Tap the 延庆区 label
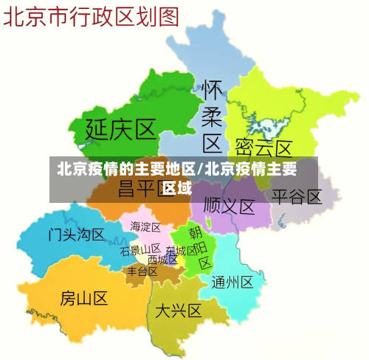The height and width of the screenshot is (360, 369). [x=122, y=130]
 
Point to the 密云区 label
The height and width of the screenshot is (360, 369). [x=263, y=148]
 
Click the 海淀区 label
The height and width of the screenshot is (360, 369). [x=145, y=226]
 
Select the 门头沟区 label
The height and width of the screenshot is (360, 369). [x=77, y=235]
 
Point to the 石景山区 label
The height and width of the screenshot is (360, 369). [x=140, y=250]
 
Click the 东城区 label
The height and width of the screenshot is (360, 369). [x=182, y=251]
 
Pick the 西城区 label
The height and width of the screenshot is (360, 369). [x=162, y=260]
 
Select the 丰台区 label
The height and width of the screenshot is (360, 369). [x=142, y=271]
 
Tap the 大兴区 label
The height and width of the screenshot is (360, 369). [x=178, y=311]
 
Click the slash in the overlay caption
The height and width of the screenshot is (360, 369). [x=200, y=169]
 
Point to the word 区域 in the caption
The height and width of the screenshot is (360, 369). [x=177, y=187]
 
